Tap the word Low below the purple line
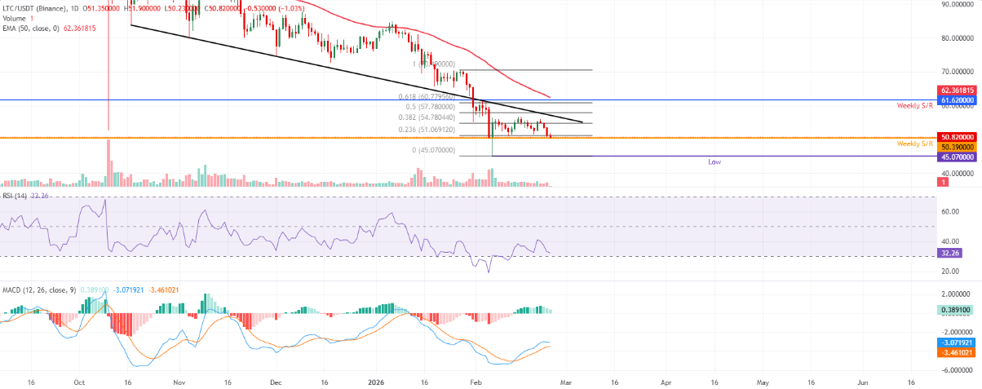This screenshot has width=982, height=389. pos(714,162)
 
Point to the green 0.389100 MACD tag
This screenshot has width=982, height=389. pos(956,311)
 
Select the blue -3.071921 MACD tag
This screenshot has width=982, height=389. pos(956,343)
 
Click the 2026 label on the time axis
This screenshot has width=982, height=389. pos(375,382)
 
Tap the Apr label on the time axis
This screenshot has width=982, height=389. pos(666,382)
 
